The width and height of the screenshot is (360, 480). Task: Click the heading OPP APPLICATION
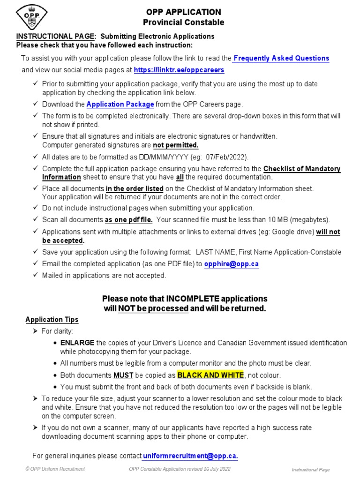click(x=183, y=12)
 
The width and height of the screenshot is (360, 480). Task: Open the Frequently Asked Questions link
click(x=281, y=59)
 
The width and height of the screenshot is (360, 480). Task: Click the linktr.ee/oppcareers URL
click(x=179, y=70)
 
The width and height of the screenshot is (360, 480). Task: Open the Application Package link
click(x=120, y=105)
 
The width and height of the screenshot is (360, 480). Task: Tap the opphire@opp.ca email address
click(x=232, y=264)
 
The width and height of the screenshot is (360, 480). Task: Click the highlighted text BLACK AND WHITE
click(x=210, y=375)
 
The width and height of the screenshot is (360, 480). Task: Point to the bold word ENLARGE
click(x=77, y=343)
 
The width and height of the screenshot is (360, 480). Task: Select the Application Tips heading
click(x=52, y=320)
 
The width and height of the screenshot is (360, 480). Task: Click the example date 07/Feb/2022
click(x=226, y=157)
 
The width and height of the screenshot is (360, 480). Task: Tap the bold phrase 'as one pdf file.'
click(x=129, y=219)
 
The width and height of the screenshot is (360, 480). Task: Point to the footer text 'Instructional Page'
click(x=311, y=470)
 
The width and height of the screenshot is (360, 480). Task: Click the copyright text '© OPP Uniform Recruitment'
click(x=55, y=469)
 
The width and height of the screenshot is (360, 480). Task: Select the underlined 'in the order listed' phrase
click(x=135, y=189)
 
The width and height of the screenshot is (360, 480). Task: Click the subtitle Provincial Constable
click(x=183, y=22)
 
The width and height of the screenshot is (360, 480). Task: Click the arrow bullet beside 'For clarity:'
click(x=35, y=331)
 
